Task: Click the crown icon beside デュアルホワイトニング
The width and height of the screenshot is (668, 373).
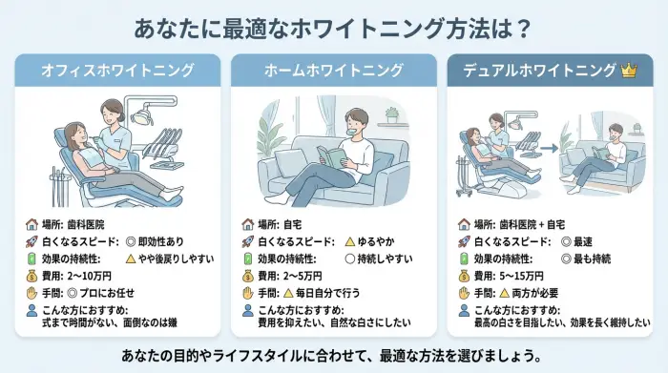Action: point(629,71)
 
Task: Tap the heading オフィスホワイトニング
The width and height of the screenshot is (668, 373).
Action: point(117,71)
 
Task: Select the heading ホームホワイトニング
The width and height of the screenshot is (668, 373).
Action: point(334,71)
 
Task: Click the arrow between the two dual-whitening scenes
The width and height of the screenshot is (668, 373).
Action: point(549,148)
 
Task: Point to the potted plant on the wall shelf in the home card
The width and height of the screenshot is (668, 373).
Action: point(391,115)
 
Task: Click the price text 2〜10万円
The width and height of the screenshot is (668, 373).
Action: point(90,276)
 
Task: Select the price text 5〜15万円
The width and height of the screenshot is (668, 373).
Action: point(521,276)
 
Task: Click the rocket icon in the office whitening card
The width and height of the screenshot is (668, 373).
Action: point(31,242)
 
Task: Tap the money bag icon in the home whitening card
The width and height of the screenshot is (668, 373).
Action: point(248,276)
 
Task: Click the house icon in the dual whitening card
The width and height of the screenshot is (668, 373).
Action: point(464,224)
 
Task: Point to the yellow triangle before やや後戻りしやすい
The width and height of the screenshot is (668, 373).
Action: point(131,259)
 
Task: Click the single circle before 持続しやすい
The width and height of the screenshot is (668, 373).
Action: point(350,259)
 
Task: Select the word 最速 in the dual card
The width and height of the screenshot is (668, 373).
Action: point(583,242)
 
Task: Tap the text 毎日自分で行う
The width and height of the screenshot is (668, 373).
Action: point(328,293)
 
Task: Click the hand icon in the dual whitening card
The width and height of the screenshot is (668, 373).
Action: point(464,293)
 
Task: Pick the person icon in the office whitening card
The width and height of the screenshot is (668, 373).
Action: point(31,310)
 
